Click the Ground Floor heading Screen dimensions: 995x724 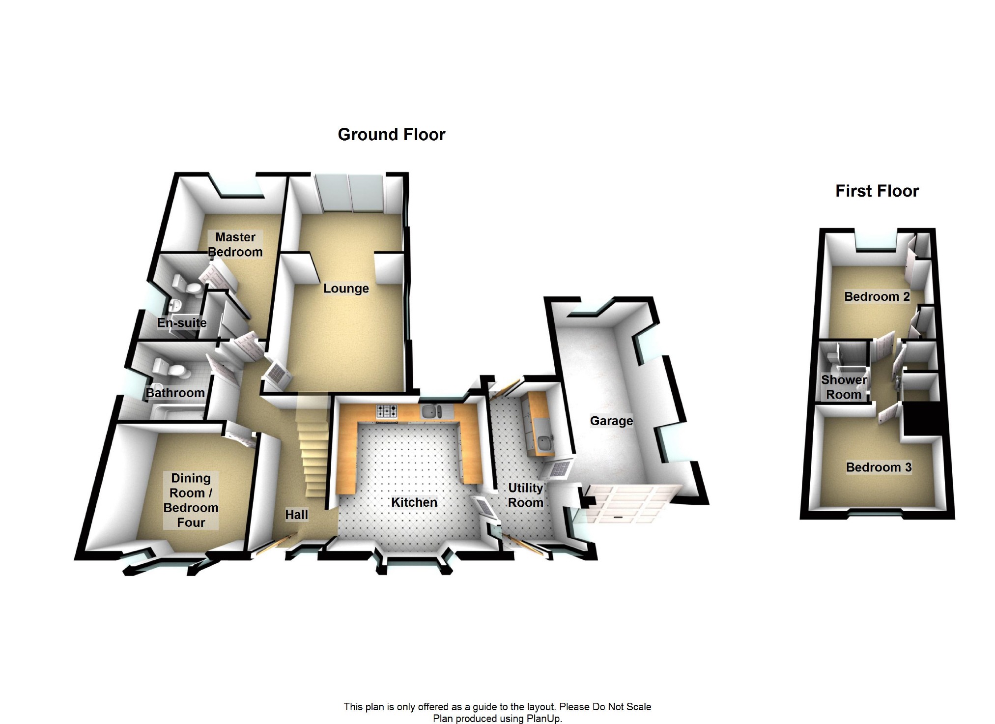[x=392, y=134]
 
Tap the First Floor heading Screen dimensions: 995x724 [x=877, y=191]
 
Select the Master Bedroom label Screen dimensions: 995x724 [x=235, y=244]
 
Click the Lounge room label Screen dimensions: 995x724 [x=346, y=288]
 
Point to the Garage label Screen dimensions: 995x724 [x=611, y=421]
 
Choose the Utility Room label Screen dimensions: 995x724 [x=525, y=495]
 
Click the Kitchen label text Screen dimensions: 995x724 [x=414, y=502]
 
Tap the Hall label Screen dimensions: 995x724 [x=297, y=515]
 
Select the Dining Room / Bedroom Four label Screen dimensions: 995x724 [x=191, y=500]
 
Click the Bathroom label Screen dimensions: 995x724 [x=175, y=393]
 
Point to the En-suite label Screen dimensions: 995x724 [x=182, y=322]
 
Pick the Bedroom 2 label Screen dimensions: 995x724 [x=877, y=296]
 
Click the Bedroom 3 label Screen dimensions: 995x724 [x=879, y=467]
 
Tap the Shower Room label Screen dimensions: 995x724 [x=844, y=387]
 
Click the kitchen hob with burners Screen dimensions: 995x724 [x=387, y=412]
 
